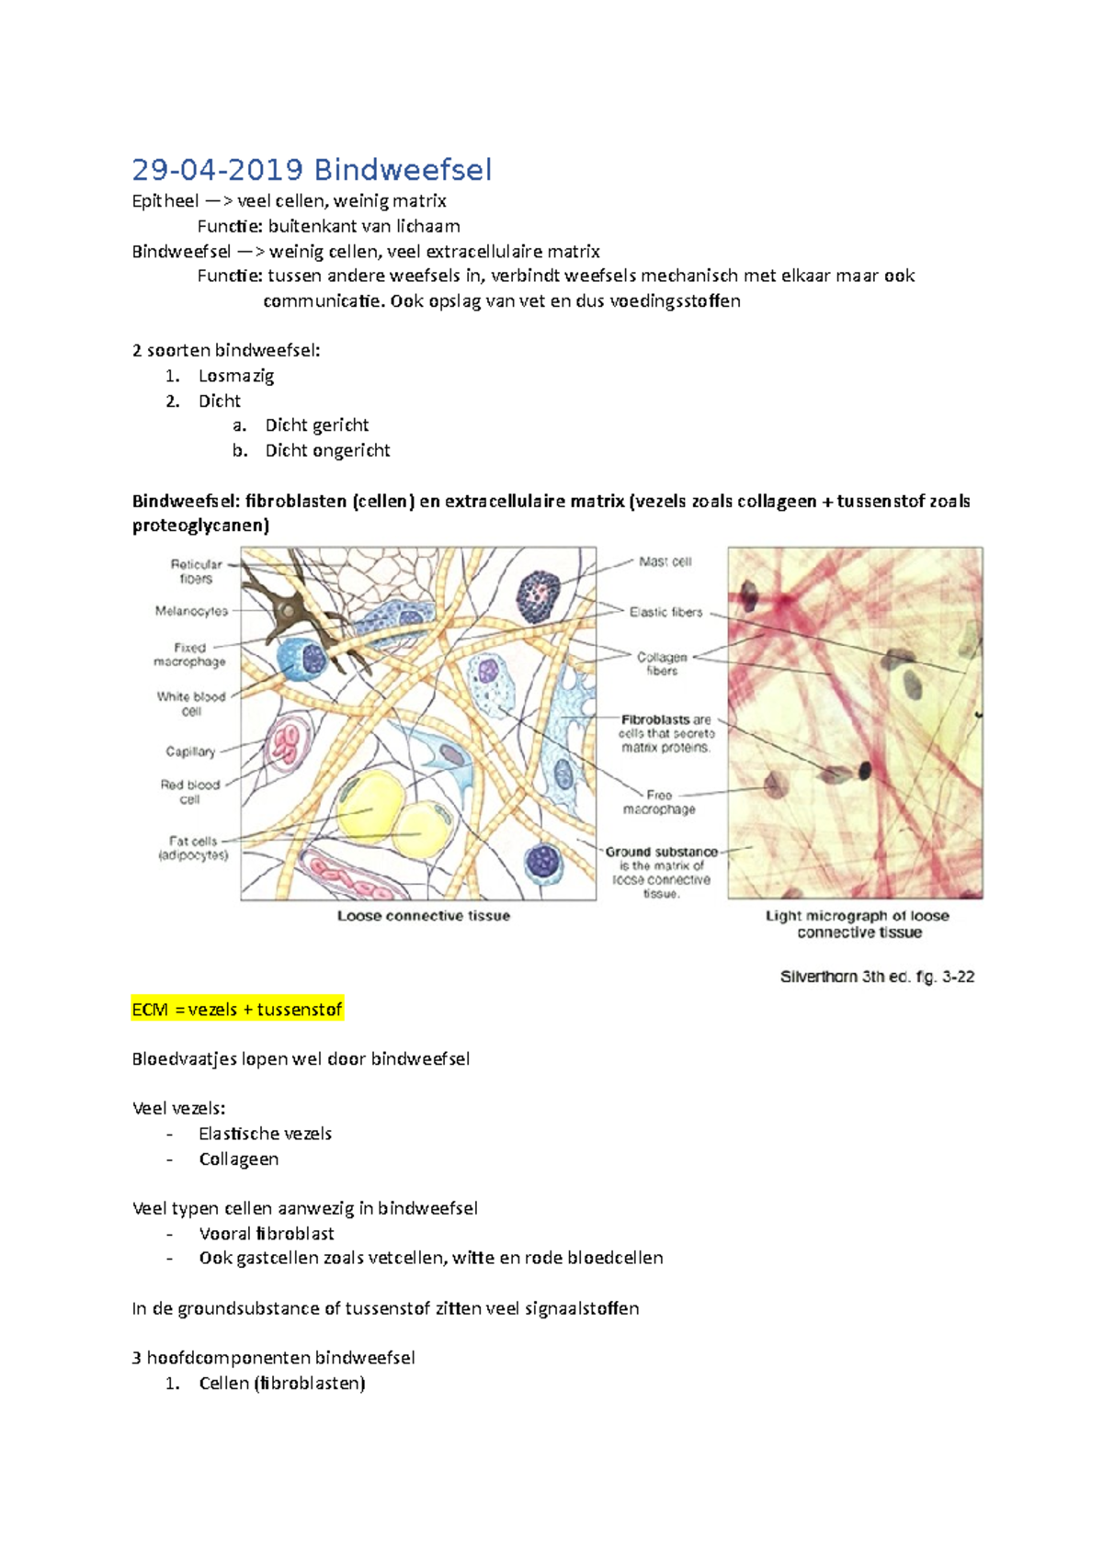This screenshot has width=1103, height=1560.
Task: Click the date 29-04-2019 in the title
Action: tap(217, 170)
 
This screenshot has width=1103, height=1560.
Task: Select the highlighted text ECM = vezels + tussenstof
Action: tap(237, 1010)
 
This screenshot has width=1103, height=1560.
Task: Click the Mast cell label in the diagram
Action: tap(665, 561)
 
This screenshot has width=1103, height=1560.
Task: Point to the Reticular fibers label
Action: tap(196, 571)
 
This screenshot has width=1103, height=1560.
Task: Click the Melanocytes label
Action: tap(191, 611)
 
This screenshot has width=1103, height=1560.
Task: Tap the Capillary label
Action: tap(190, 752)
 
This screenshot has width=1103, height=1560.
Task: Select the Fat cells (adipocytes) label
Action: tap(193, 848)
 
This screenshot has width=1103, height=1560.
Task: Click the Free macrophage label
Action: tap(659, 802)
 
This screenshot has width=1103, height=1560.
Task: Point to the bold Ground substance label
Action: tap(661, 852)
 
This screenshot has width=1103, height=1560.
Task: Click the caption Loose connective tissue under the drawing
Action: tap(423, 916)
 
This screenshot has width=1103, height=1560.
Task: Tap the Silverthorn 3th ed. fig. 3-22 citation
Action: tap(877, 977)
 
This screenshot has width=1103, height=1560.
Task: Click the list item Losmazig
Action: tap(236, 376)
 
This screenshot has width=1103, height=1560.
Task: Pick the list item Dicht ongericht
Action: tap(327, 450)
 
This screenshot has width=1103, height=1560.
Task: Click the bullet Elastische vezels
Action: tap(265, 1134)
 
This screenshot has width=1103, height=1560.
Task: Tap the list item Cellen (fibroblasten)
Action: tap(281, 1384)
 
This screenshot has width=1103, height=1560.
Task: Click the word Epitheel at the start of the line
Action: tap(165, 201)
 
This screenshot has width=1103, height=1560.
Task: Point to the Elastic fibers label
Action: tap(665, 612)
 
